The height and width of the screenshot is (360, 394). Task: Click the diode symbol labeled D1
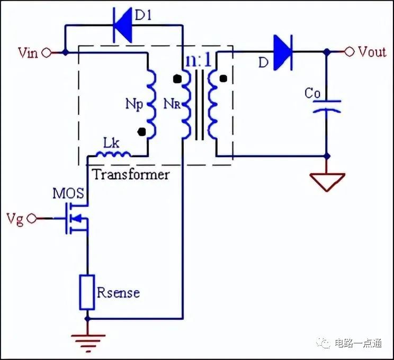tap(123, 25)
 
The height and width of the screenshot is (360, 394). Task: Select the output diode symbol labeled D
tap(283, 52)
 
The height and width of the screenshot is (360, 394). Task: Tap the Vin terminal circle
tap(47, 53)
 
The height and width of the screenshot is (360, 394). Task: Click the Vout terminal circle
tap(350, 52)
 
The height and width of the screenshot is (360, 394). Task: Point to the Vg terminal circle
tap(32, 218)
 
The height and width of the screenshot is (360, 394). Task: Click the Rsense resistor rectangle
tap(87, 292)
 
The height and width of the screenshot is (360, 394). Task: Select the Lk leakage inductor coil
tap(113, 154)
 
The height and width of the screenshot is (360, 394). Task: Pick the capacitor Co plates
tap(327, 106)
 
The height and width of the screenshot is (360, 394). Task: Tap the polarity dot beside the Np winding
tap(142, 132)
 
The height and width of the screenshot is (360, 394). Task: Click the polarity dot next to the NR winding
tap(177, 79)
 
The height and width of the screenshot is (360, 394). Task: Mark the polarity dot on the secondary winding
tap(223, 79)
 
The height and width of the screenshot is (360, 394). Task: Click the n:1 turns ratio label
tap(198, 60)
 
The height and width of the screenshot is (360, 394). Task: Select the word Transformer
tap(131, 174)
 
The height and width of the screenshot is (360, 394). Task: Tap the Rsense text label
tap(118, 293)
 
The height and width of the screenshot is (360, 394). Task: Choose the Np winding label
tap(134, 104)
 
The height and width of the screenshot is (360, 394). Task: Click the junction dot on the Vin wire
tap(65, 53)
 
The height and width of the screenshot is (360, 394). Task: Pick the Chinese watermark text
tap(358, 343)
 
